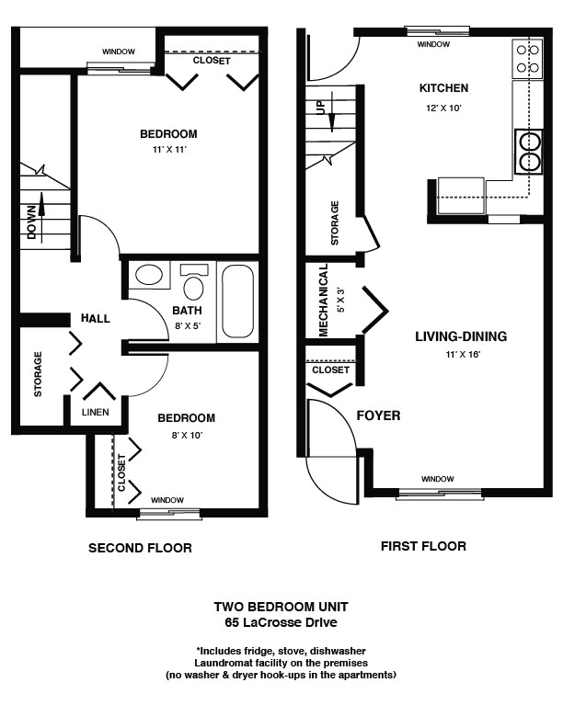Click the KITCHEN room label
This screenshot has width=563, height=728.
[x=443, y=87]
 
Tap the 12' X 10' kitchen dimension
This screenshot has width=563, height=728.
[x=443, y=108]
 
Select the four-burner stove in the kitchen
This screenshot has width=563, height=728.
[x=528, y=59]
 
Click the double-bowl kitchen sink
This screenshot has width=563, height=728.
[x=529, y=152]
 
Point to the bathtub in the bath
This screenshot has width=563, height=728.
[x=237, y=301]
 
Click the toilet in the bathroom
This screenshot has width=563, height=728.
[x=193, y=282]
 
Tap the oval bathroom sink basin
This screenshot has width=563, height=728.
[x=149, y=275]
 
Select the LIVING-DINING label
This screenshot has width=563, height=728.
[x=461, y=336]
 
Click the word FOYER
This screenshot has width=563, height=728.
[x=378, y=415]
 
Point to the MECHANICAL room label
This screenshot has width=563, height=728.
[x=323, y=300]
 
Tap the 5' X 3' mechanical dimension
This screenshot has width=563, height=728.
[x=341, y=300]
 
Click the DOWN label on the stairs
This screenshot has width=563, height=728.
[x=31, y=222]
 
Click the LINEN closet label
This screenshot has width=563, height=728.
[x=96, y=412]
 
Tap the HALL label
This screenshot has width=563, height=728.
[x=96, y=318]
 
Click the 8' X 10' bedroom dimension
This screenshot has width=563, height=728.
[x=186, y=436]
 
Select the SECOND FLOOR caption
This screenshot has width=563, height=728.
[x=140, y=548]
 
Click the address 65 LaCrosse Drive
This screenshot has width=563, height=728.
[x=281, y=622]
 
